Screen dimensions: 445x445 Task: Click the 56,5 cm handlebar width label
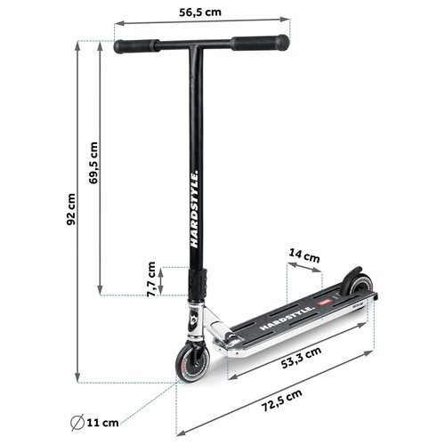coord(200,12)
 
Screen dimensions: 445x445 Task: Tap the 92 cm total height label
coord(71,209)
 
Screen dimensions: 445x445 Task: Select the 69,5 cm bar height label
coord(93,163)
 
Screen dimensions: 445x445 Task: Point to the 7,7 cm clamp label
coord(151,279)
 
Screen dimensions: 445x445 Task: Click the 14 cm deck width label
coord(304,256)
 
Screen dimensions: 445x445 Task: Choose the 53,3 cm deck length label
coord(302,357)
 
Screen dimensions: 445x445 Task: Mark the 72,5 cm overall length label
coord(282,400)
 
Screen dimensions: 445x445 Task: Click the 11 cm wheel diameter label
coord(103,423)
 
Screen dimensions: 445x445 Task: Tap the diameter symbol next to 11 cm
coord(77,423)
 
